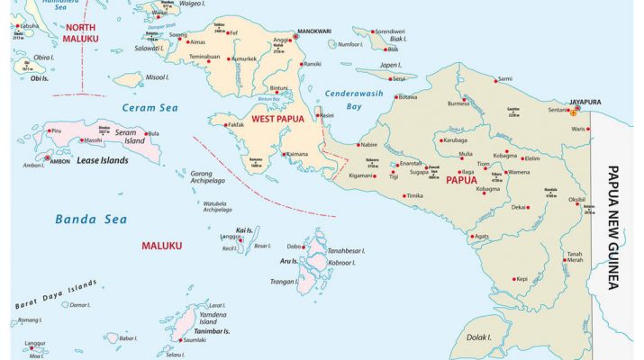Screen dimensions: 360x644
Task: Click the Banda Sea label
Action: click(86, 219)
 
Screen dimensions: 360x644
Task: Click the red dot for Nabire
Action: click(358, 145)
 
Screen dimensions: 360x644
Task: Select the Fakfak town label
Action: click(235, 124)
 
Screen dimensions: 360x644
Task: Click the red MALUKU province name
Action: click(161, 245)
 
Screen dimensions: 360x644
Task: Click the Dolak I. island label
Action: click(478, 338)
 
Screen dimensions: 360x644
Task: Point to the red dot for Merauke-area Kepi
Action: click(512, 279)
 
